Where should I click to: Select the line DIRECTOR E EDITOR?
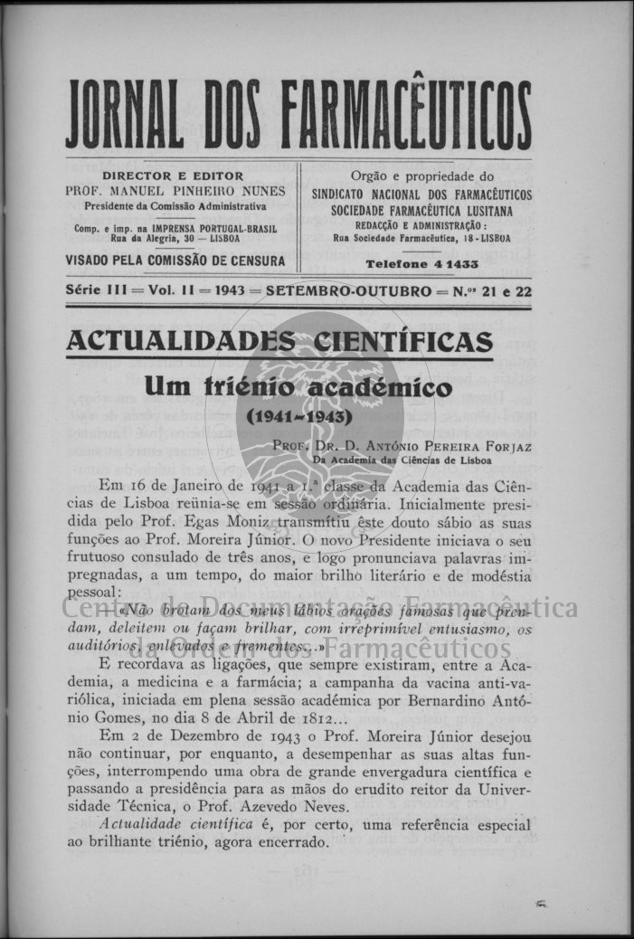click(173, 176)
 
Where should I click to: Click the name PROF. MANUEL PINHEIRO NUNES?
click(175, 191)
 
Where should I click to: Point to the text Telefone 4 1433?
click(422, 264)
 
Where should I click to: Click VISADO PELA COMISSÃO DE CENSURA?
click(175, 261)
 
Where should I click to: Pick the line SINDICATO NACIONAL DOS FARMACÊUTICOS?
click(421, 194)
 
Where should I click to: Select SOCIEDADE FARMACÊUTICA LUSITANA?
click(421, 210)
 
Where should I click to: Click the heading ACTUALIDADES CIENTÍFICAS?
click(280, 342)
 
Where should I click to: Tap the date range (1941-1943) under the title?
click(298, 419)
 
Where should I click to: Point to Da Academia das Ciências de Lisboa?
click(402, 460)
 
